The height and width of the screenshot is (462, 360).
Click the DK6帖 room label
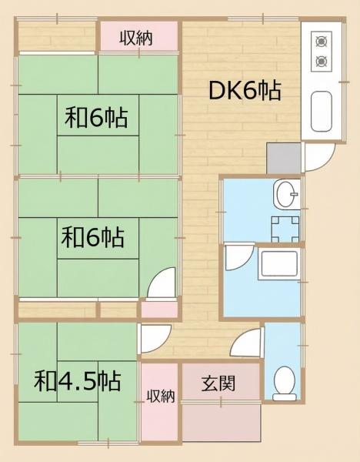[245, 91]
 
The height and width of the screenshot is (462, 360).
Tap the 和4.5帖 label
[77, 381]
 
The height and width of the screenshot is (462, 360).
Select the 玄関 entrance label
[219, 383]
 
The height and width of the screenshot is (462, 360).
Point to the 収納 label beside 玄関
[161, 397]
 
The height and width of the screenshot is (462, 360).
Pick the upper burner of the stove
[320, 40]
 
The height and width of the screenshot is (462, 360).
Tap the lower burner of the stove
[320, 61]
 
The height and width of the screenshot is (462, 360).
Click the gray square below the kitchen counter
[283, 158]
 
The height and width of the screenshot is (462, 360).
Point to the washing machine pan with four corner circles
[282, 226]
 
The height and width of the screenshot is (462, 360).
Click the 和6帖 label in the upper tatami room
[96, 119]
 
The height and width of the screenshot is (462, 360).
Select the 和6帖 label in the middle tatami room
[92, 236]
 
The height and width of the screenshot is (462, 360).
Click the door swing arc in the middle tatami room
[161, 284]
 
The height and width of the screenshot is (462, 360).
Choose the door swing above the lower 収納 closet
[155, 340]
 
